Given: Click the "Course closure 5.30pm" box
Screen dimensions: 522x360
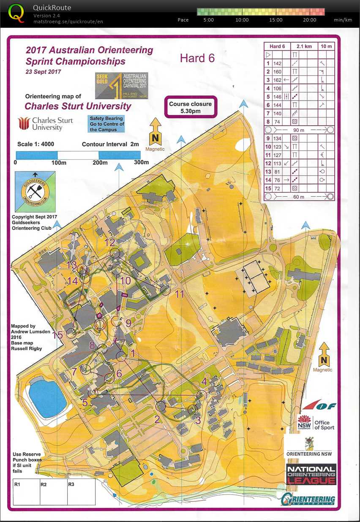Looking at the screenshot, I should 190,108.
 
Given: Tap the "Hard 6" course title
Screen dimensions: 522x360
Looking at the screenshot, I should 197,58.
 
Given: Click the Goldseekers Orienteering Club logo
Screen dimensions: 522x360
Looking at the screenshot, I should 35,192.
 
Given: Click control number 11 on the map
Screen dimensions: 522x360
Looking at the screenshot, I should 180,294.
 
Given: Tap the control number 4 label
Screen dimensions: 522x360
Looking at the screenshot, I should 204,381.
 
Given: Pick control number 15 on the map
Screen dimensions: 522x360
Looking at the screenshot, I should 58,335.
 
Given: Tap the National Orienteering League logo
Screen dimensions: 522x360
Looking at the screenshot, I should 311,474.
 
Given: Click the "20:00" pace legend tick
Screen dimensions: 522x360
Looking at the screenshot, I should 310,20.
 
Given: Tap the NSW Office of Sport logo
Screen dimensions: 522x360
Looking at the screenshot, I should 316,422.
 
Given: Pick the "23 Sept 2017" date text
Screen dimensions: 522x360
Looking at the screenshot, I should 44,71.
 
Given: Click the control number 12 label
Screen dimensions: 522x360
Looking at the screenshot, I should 110,242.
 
